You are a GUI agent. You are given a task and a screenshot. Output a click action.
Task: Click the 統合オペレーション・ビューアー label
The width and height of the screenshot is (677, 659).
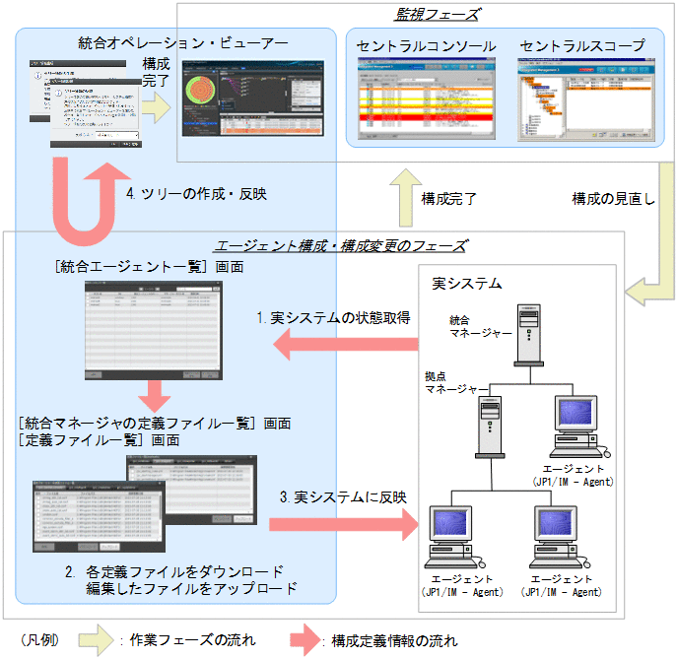point(183,43)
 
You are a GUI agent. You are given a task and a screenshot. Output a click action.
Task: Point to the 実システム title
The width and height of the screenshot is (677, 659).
point(467,284)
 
